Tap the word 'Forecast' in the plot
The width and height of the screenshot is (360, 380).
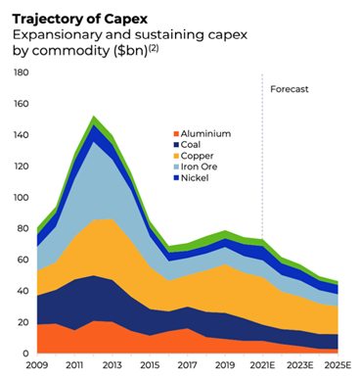point(289,89)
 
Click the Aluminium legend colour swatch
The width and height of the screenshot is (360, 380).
point(177,133)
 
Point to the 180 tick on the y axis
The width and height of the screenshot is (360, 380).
point(20,73)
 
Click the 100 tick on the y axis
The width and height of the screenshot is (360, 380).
point(20,198)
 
